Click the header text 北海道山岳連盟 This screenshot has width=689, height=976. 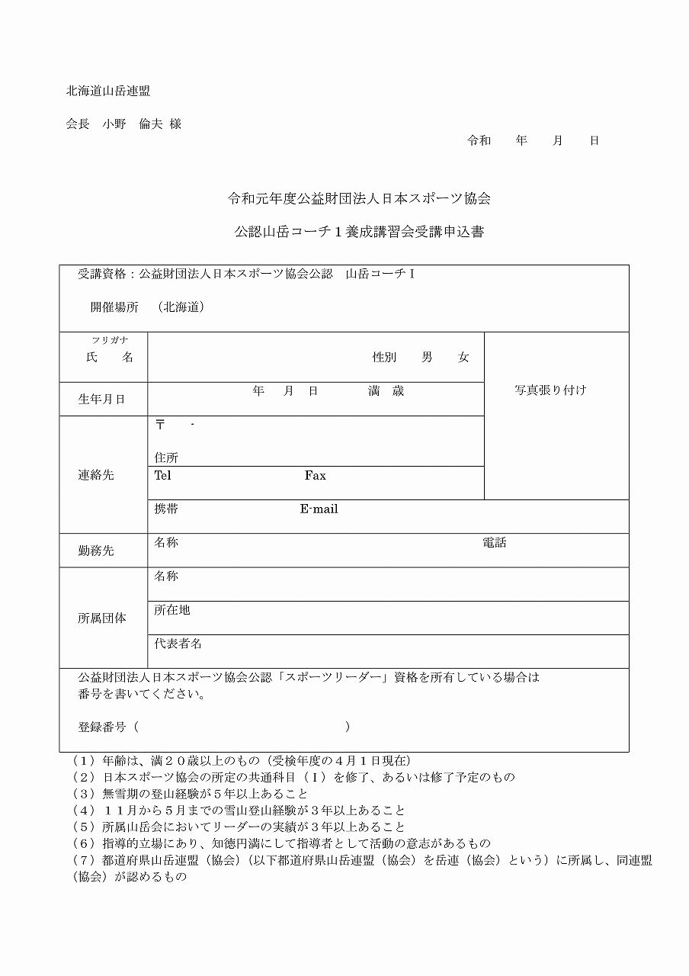108,91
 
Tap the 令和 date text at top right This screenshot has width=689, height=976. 479,140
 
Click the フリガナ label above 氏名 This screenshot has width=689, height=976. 110,340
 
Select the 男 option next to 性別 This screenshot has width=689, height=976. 427,357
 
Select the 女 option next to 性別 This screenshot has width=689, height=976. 463,357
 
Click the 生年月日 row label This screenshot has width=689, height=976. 101,399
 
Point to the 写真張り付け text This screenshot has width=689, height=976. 550,390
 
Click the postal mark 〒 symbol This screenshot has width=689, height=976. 160,424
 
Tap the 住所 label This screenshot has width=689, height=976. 166,457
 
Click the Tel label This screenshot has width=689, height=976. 162,475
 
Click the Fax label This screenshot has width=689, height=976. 315,475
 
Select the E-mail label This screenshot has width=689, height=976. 319,509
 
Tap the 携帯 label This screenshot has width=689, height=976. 166,509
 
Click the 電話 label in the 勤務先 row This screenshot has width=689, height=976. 494,543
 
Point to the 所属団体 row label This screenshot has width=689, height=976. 102,618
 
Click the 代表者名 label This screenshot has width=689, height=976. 178,644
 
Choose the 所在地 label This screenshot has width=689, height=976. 172,610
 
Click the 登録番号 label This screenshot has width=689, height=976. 102,727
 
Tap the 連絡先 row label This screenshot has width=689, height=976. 96,474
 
